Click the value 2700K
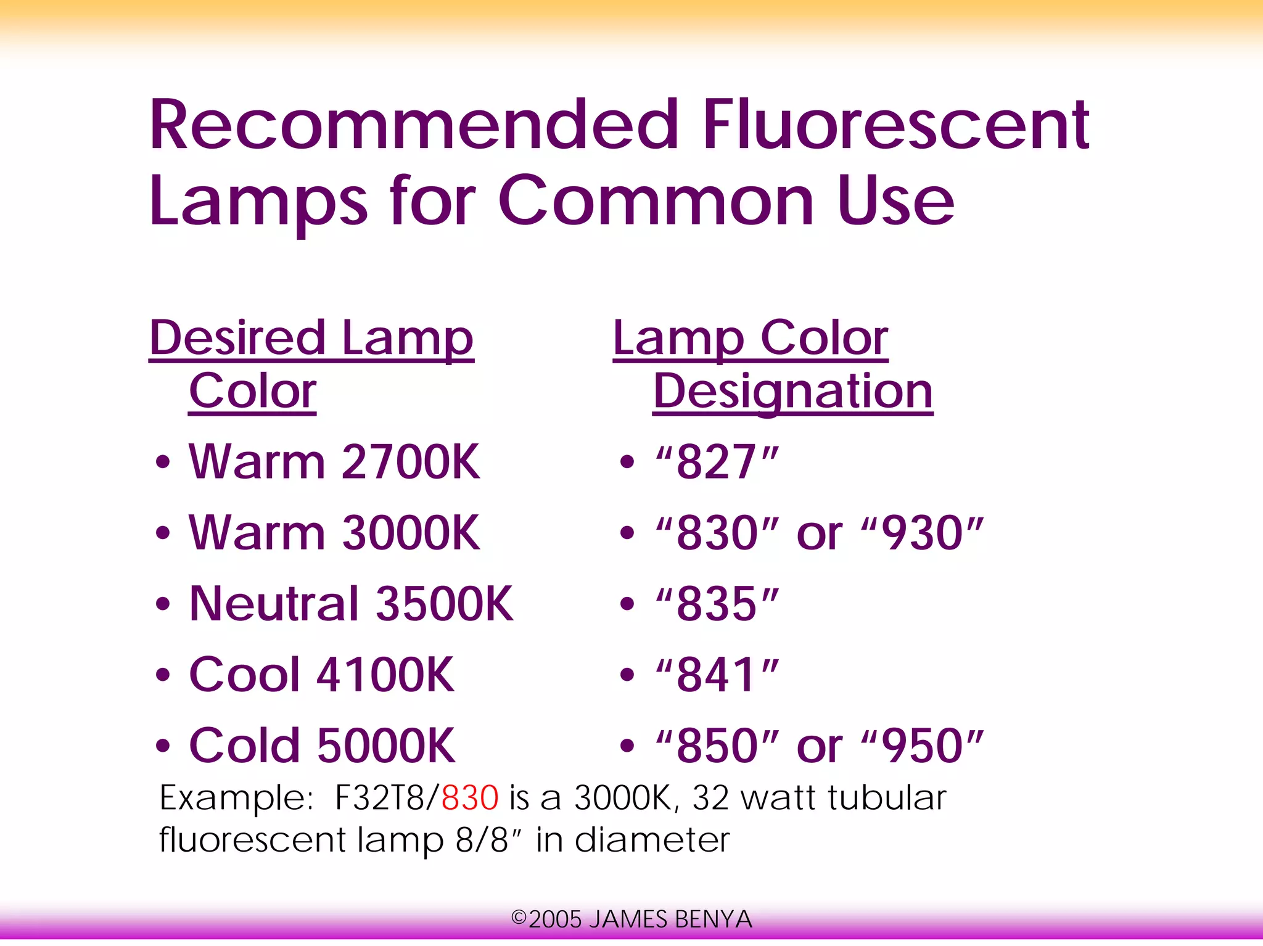[410, 462]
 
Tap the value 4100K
[385, 675]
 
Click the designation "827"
[717, 462]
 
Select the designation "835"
[717, 604]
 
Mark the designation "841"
[717, 675]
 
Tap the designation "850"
[717, 746]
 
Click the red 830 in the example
[470, 798]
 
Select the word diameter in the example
[652, 840]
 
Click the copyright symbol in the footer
[519, 918]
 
